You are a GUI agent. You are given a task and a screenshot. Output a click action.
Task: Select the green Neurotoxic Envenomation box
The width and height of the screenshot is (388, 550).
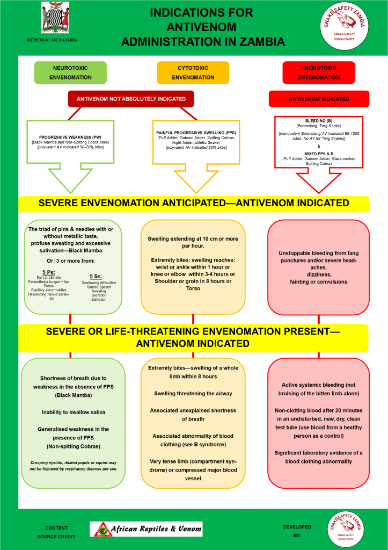(70, 73)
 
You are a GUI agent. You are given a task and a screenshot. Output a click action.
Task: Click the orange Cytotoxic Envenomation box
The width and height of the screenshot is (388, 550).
(193, 73)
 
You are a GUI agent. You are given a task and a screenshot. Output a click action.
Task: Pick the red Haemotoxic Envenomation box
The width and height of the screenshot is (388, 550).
(319, 73)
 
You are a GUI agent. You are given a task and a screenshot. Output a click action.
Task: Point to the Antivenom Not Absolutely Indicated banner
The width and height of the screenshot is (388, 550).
(131, 99)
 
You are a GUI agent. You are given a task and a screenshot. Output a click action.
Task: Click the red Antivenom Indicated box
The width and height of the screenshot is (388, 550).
(319, 99)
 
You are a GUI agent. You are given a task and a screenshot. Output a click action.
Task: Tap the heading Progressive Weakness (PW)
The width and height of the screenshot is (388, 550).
(70, 137)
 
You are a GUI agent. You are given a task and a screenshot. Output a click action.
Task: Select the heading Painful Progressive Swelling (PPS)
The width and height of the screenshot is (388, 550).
(196, 132)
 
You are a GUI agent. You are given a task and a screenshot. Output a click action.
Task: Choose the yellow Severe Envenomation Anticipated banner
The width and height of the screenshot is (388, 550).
(193, 204)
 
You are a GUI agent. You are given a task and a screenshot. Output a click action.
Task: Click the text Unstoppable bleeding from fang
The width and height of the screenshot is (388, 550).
(318, 253)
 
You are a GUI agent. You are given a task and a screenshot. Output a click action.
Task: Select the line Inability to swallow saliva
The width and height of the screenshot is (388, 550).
(73, 412)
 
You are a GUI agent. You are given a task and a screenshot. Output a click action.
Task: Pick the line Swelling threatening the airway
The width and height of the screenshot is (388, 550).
(192, 393)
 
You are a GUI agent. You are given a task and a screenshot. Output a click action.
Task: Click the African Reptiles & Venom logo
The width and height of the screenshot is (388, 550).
(146, 529)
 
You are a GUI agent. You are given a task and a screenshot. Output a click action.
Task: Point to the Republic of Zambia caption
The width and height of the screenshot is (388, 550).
(52, 40)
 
